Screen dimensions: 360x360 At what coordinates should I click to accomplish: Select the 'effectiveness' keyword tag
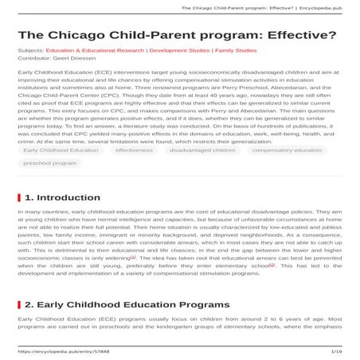click(x=133, y=150)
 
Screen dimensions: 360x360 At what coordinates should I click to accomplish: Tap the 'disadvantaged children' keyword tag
click(x=202, y=150)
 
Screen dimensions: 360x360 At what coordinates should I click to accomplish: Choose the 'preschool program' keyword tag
click(x=49, y=162)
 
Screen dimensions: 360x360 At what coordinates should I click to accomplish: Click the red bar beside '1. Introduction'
click(x=19, y=197)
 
